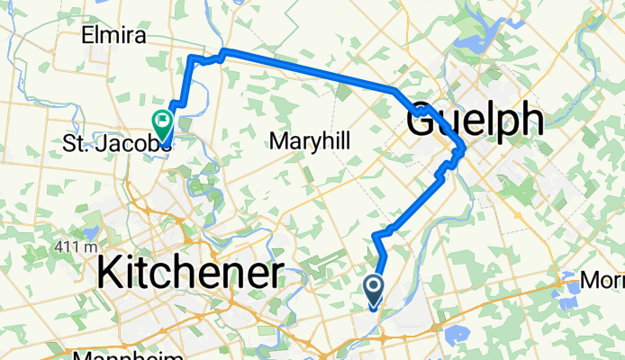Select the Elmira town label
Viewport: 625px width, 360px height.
tap(113, 36)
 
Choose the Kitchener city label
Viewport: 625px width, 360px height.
tap(190, 271)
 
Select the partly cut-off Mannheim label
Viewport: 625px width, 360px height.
tap(122, 355)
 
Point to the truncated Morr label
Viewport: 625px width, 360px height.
tap(602, 282)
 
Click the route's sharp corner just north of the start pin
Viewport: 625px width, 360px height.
tap(376, 235)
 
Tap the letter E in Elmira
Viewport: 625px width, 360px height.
tap(86, 36)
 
